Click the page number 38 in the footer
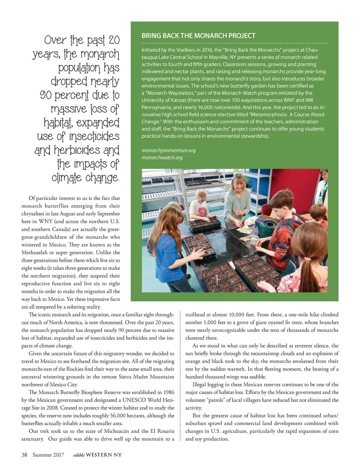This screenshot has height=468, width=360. (x=24, y=455)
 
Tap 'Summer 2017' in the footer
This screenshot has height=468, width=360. (x=48, y=455)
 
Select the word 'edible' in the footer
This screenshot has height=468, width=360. (x=79, y=455)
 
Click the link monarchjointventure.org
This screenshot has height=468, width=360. (x=168, y=150)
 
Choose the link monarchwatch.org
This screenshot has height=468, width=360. (x=162, y=157)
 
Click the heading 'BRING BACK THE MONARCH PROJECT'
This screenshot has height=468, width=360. (x=198, y=36)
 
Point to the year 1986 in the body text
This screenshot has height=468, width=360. (x=169, y=392)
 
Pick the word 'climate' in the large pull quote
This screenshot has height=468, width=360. (x=67, y=177)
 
